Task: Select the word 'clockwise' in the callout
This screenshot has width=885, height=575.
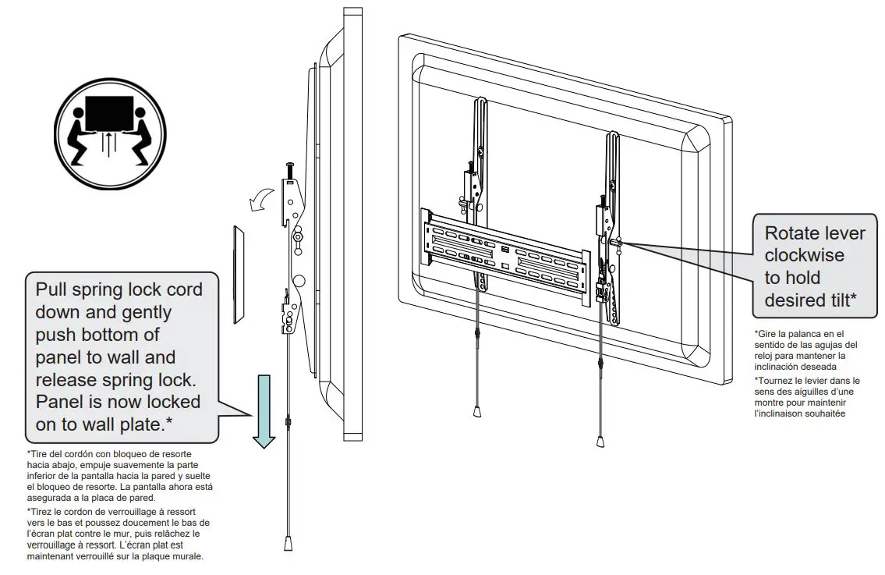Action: [804, 255]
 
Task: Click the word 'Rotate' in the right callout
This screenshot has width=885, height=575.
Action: [791, 233]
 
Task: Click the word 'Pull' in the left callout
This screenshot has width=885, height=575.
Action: [54, 289]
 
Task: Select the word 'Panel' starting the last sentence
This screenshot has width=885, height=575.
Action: [62, 403]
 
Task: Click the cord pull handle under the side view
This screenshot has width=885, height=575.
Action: [287, 541]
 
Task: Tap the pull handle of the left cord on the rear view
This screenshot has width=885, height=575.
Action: [476, 411]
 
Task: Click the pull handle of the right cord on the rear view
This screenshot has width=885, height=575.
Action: [600, 442]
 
